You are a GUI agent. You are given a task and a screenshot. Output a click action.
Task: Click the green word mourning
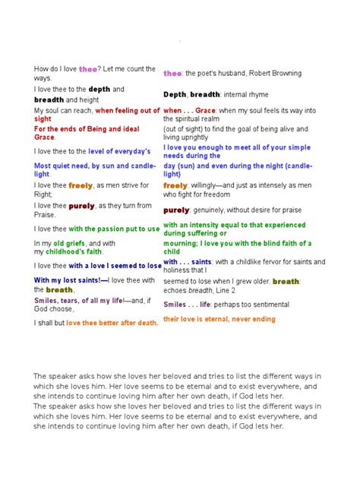pos(182,243)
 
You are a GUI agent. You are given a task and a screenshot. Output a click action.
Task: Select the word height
pos(89,99)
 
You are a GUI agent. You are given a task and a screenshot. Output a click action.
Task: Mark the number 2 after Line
pos(235,290)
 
